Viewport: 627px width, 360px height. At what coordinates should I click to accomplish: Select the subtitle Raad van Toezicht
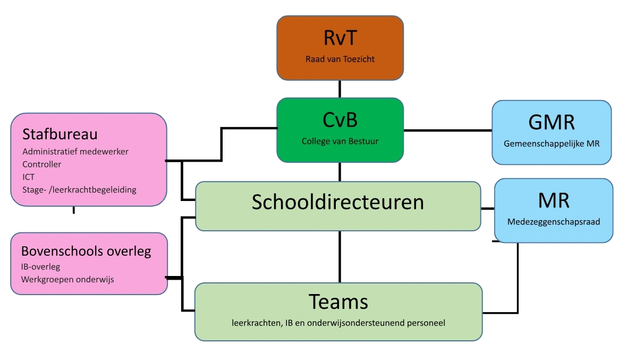(340, 59)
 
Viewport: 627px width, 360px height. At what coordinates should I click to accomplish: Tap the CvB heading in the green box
(340, 120)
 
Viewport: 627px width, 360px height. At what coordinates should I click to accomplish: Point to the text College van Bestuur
(340, 141)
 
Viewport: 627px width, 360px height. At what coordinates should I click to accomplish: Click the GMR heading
(552, 122)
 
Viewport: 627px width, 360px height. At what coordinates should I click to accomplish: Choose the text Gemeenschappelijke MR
(552, 144)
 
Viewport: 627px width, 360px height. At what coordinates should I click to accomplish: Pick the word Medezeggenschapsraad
(554, 222)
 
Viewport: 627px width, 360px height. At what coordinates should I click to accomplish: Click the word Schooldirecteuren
(338, 202)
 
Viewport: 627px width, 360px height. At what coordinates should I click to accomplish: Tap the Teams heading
(338, 302)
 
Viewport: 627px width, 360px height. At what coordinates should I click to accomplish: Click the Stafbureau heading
(60, 133)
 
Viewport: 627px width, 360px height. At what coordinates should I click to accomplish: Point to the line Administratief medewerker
(75, 152)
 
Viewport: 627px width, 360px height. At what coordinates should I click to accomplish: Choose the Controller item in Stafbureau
(42, 164)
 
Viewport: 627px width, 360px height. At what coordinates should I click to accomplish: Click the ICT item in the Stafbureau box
(29, 177)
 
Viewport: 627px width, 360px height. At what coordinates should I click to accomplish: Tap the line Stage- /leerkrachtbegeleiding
(79, 190)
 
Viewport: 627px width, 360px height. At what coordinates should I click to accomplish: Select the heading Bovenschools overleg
(86, 251)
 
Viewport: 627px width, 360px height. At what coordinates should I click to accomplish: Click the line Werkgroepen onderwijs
(67, 279)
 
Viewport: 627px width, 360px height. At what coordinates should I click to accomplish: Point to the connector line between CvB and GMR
(447, 130)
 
